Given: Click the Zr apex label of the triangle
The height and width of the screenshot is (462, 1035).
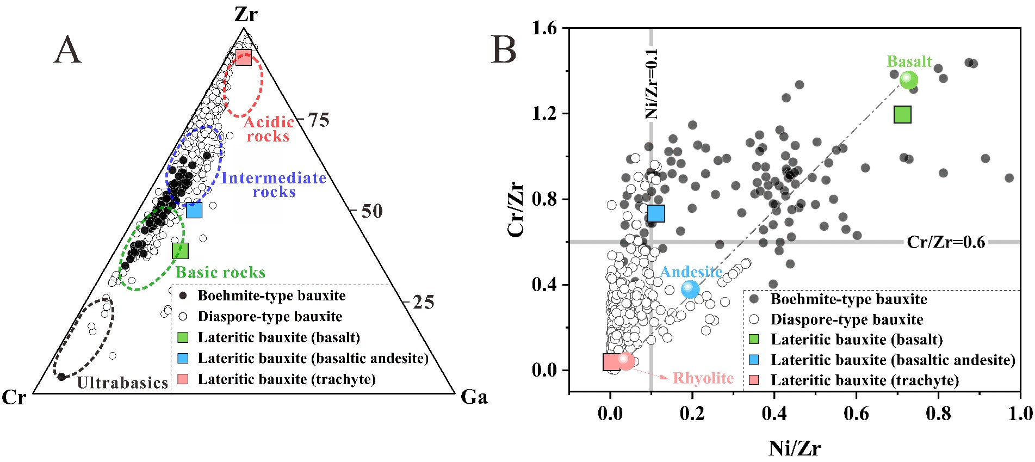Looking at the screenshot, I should click(x=246, y=14).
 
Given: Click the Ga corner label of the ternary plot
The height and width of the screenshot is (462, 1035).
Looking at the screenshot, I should click(x=474, y=397).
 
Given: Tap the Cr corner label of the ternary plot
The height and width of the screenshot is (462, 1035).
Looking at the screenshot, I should click(x=14, y=397).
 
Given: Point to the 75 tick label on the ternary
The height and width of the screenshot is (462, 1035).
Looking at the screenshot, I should click(x=319, y=120).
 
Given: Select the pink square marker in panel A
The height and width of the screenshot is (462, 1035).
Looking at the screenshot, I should click(x=244, y=58).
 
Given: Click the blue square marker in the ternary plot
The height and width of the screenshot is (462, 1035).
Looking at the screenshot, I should click(x=194, y=210).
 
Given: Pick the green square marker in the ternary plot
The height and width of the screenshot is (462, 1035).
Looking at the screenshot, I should click(x=180, y=251).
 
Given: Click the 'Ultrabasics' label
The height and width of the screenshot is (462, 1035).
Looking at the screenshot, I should click(x=122, y=383).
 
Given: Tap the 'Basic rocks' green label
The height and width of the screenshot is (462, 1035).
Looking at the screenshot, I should click(x=220, y=272).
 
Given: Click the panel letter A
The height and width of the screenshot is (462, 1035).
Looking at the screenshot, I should click(x=67, y=50).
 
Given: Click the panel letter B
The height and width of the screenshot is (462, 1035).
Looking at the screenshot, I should click(x=503, y=50).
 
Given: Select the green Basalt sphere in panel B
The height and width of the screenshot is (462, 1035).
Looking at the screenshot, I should click(x=908, y=80).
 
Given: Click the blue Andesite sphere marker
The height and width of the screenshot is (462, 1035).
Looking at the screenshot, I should click(x=690, y=289).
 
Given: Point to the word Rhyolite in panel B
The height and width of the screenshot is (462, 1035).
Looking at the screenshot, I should click(x=703, y=378).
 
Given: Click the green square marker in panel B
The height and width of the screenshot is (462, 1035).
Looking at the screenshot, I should click(x=902, y=114).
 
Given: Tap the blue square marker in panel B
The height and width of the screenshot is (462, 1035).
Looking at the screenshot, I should click(x=656, y=213).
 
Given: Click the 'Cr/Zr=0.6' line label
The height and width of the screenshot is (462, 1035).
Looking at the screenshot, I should click(x=946, y=242).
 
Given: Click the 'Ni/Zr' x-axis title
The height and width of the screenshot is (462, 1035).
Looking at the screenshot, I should click(x=794, y=448).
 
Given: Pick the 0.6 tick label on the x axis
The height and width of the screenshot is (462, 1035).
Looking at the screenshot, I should click(x=856, y=414).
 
